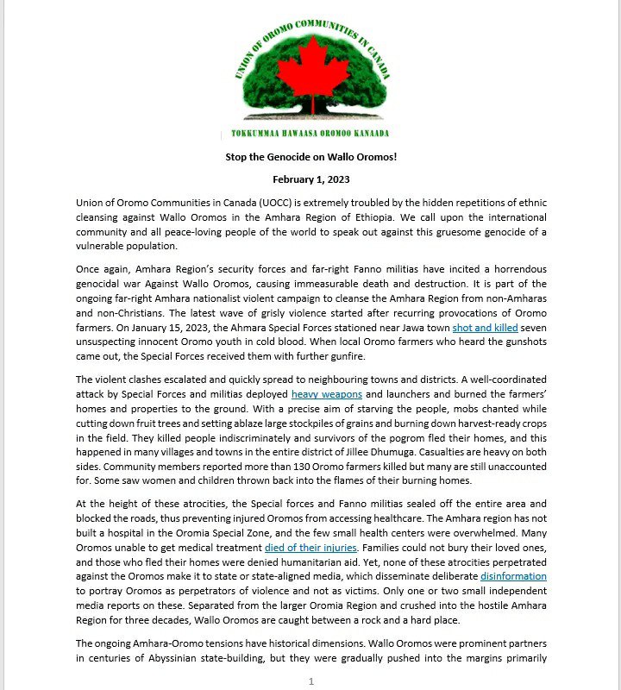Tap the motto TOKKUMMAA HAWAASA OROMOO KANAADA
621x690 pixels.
(310, 133)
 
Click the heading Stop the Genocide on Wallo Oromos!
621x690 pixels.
(310, 156)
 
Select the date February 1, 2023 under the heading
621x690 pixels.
(310, 179)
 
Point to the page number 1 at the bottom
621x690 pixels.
(310, 681)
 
